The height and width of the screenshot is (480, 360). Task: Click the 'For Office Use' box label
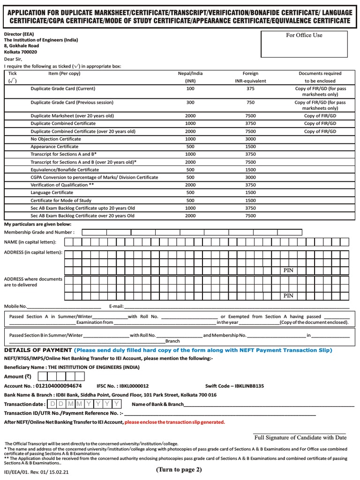(304, 35)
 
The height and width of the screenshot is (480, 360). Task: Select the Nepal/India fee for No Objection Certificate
(190, 139)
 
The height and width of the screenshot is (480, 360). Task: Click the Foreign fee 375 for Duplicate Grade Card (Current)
(250, 89)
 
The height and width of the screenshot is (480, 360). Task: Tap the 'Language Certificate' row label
(52, 193)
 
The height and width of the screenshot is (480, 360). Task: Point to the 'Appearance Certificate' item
(54, 147)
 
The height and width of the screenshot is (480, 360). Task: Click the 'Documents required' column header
(320, 74)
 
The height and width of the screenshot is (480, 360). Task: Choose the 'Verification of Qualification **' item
(59, 185)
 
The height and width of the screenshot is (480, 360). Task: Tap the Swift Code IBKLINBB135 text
(234, 386)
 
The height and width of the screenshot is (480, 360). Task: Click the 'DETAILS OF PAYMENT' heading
(37, 350)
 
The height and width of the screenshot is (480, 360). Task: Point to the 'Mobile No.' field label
(15, 306)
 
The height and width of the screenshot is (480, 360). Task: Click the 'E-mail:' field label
(116, 306)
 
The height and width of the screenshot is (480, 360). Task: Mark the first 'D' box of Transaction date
(52, 404)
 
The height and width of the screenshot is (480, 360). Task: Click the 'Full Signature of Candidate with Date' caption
(300, 437)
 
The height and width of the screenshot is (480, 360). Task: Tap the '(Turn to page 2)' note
(180, 470)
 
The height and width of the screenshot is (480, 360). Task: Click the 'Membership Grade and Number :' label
(39, 232)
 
